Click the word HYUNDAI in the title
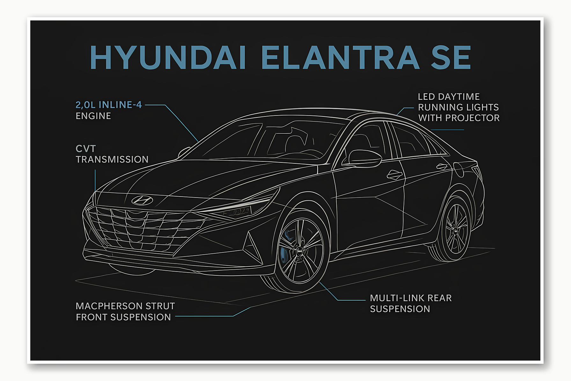pyautogui.click(x=168, y=57)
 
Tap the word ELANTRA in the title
pyautogui.click(x=340, y=57)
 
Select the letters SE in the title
pyautogui.click(x=450, y=57)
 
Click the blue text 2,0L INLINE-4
pyautogui.click(x=109, y=105)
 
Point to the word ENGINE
pyautogui.click(x=93, y=116)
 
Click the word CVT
pyautogui.click(x=85, y=149)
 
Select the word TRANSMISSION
pyautogui.click(x=112, y=159)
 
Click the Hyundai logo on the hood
pyautogui.click(x=142, y=200)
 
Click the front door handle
pyautogui.click(x=395, y=175)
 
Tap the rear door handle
pyautogui.click(x=442, y=167)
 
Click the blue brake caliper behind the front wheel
pyautogui.click(x=283, y=252)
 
